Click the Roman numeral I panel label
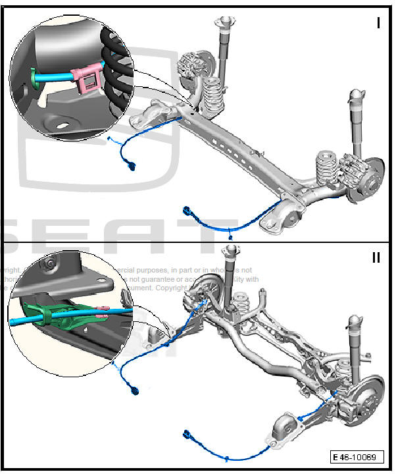[x=378, y=22]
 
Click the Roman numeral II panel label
[x=376, y=257]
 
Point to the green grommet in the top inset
[x=36, y=78]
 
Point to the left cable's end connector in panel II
[x=136, y=391]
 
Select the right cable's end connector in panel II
[x=189, y=435]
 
